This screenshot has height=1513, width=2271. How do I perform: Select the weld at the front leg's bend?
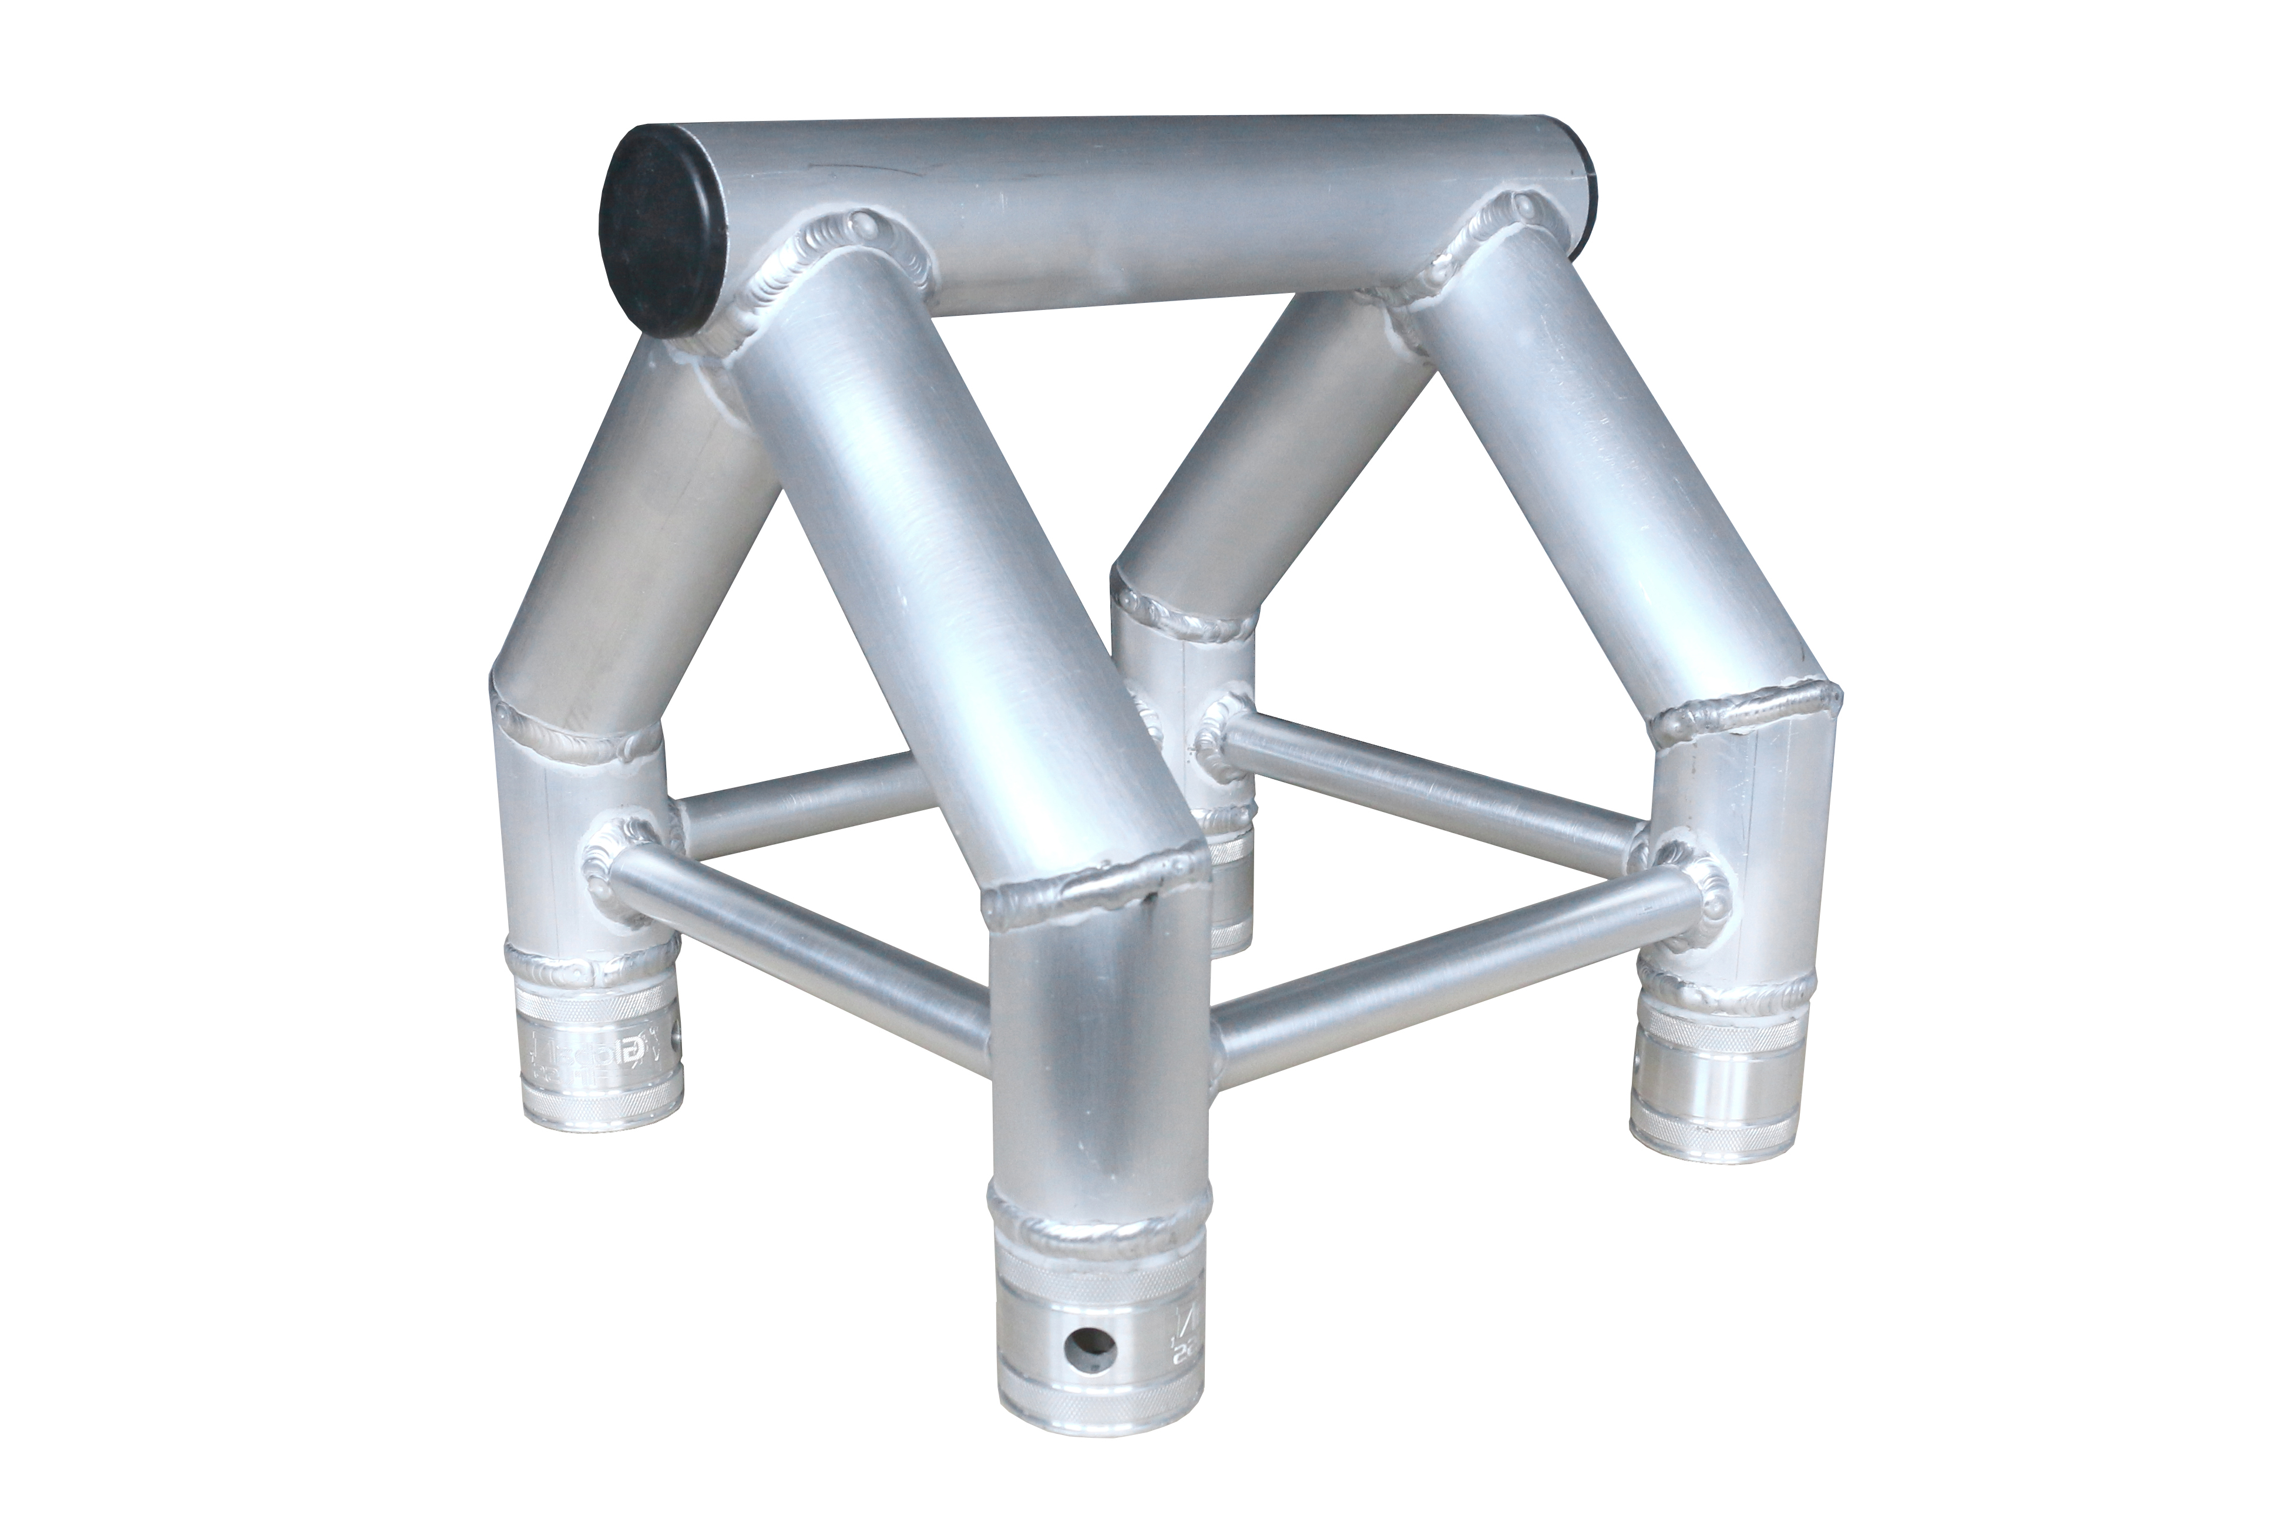pyautogui.click(x=1096, y=892)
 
